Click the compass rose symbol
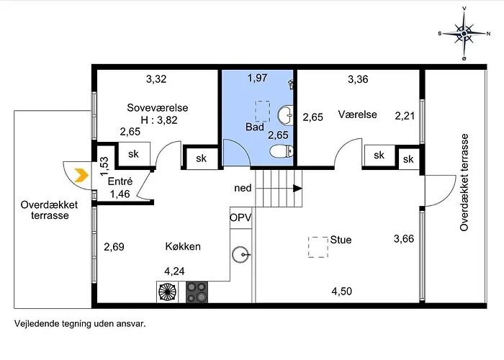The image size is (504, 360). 464,33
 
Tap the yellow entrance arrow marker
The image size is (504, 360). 81,176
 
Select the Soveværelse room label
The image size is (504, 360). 158,108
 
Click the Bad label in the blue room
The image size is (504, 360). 255,127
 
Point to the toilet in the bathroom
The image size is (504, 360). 282,151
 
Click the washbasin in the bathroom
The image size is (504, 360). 285,115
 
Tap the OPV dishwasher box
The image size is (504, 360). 240,218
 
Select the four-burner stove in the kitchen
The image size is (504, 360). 197,292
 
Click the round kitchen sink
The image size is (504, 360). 240,255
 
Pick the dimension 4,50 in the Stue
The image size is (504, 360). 342,291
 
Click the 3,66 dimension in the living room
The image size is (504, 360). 404,239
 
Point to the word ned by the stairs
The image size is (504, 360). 243,188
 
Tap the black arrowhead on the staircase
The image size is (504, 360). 297,189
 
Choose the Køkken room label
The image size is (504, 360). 183,246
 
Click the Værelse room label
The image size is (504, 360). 357,114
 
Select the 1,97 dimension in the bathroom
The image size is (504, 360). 258,78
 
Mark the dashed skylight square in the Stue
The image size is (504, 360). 318,247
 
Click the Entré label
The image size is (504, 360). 120,181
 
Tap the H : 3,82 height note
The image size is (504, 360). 159,120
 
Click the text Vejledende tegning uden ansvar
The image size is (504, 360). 80,324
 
